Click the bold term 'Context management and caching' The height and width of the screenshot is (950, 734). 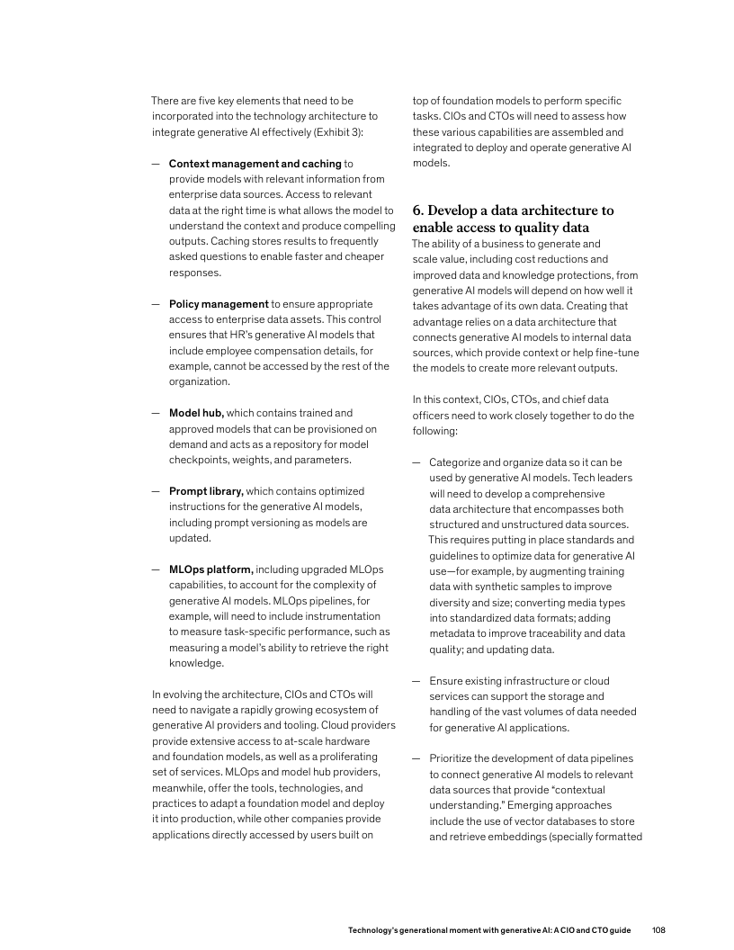coord(255,164)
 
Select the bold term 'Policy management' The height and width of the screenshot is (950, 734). coord(219,304)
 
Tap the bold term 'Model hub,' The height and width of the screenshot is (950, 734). coord(196,413)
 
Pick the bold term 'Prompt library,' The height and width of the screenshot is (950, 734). coord(206,491)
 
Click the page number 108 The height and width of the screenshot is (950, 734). coord(658,928)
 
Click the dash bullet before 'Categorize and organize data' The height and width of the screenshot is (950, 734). coord(416,462)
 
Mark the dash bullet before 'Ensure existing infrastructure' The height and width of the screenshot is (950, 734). coord(416,681)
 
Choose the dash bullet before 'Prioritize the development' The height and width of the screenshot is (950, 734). coord(416,759)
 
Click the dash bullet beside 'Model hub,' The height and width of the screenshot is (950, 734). coord(156,413)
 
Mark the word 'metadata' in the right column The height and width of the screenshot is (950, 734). coord(452,634)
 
